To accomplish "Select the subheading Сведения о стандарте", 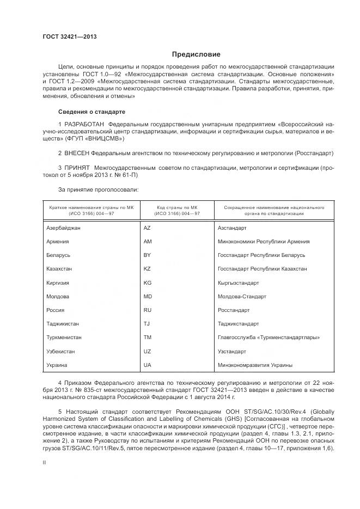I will [x=91, y=112].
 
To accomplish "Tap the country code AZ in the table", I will [x=147, y=228].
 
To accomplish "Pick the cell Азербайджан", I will [x=64, y=228].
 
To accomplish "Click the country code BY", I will [x=147, y=255].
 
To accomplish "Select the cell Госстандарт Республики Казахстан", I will [x=262, y=269].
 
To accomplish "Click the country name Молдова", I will [x=58, y=297].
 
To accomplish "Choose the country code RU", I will [x=147, y=310].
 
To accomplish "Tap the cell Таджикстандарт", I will [x=240, y=324].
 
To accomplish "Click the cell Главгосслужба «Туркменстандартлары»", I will [x=269, y=338].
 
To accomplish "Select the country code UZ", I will [x=147, y=351].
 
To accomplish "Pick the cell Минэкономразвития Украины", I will [x=254, y=365].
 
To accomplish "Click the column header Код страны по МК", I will [x=177, y=207].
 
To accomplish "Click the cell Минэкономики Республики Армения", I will [x=263, y=242].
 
